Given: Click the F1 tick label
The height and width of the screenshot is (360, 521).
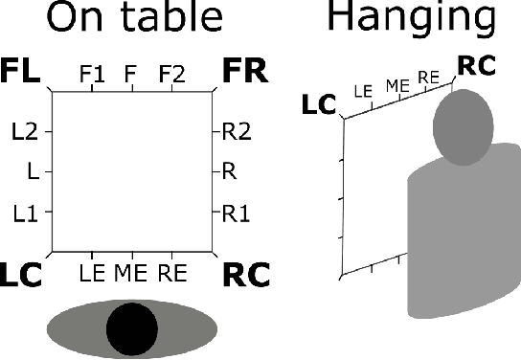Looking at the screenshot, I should [x=93, y=73].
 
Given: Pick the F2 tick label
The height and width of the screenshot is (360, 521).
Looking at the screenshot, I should [x=171, y=73].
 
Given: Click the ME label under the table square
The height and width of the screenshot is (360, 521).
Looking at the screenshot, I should [x=131, y=272].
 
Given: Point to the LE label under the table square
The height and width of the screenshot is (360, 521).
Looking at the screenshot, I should [x=93, y=272].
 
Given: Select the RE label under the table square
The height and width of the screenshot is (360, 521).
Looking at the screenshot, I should [x=171, y=272].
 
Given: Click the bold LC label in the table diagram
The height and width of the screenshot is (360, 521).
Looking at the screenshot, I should [x=21, y=276].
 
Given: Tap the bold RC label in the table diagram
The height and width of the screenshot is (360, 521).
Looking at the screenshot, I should [x=246, y=276].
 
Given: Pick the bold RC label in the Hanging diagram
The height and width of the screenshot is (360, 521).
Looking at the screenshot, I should [x=475, y=66].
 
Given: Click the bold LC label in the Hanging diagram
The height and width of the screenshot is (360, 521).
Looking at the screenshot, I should [x=322, y=102].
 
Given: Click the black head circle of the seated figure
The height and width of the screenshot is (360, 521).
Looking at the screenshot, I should [x=131, y=329].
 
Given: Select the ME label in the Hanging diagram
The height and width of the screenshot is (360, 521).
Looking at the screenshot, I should [x=397, y=86].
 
